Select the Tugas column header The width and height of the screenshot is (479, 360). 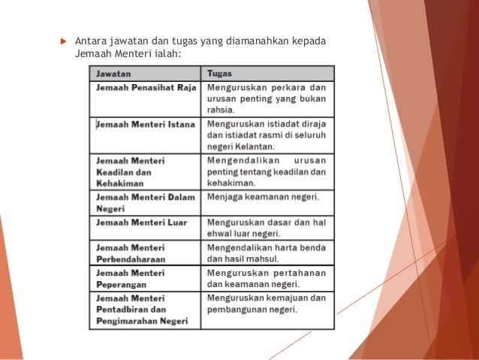pos(219,74)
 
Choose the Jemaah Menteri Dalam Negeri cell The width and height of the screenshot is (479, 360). pos(145,203)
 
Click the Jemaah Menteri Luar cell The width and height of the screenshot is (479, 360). pos(141,222)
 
